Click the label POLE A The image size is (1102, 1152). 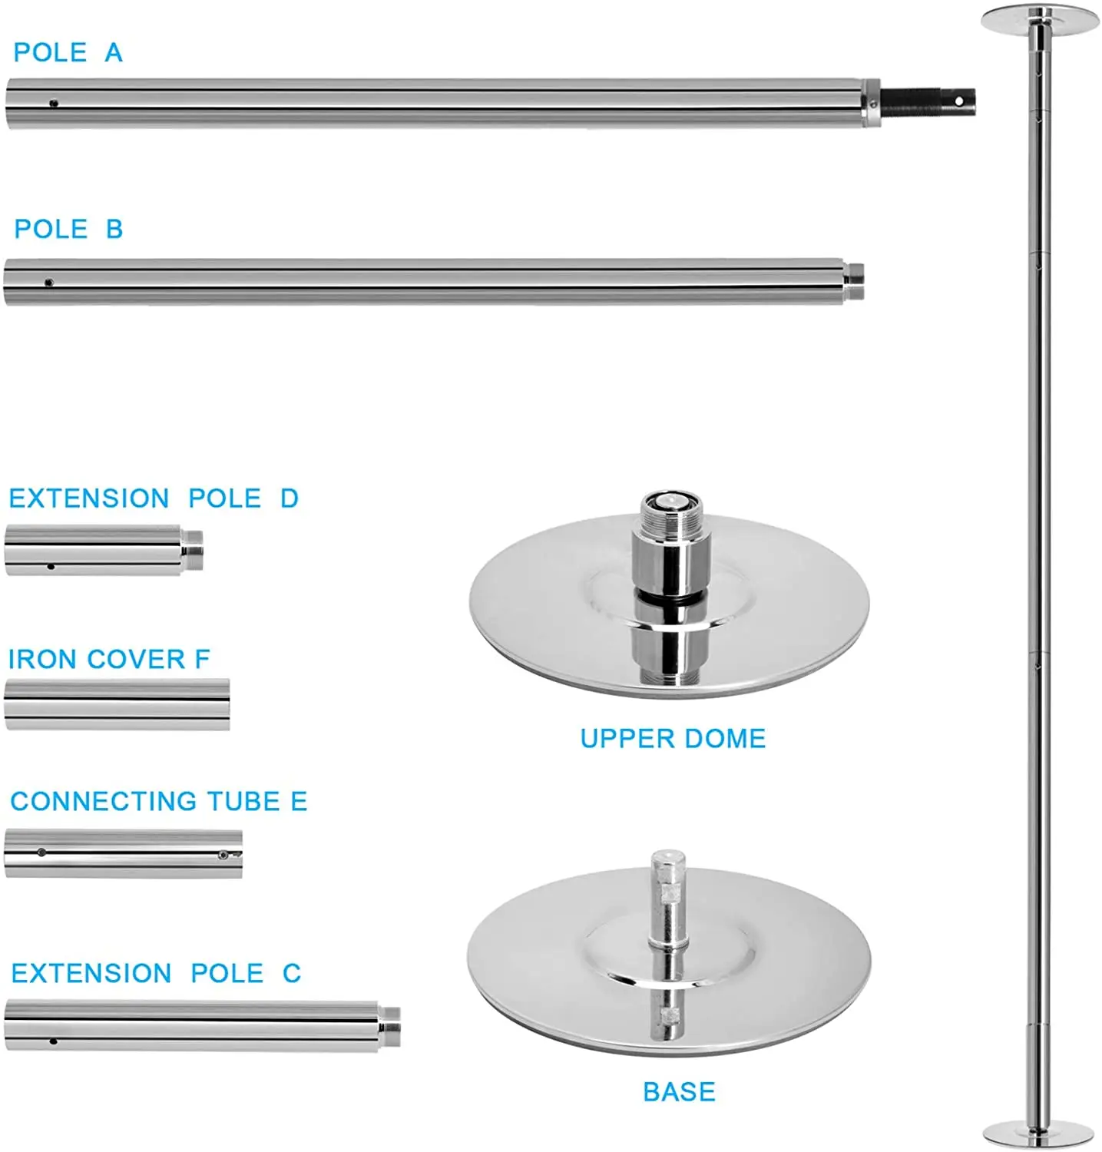click(x=68, y=52)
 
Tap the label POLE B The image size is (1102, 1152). click(x=68, y=229)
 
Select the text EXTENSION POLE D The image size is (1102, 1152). click(x=153, y=498)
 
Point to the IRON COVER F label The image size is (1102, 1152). click(x=108, y=659)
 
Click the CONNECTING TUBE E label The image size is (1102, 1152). click(x=158, y=801)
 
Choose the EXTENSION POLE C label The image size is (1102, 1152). click(x=155, y=973)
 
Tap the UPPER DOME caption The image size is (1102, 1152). click(x=673, y=738)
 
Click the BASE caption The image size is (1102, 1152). click(x=679, y=1091)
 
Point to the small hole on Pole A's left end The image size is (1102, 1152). click(x=54, y=103)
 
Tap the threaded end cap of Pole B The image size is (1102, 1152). click(x=853, y=282)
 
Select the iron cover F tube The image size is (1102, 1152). click(x=117, y=703)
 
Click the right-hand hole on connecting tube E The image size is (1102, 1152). click(x=223, y=854)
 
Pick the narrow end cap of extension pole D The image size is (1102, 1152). click(x=194, y=550)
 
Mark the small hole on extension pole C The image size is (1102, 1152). click(x=53, y=1041)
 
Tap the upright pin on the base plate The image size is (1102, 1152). click(x=667, y=899)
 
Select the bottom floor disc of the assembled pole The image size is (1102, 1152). click(x=1038, y=1132)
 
